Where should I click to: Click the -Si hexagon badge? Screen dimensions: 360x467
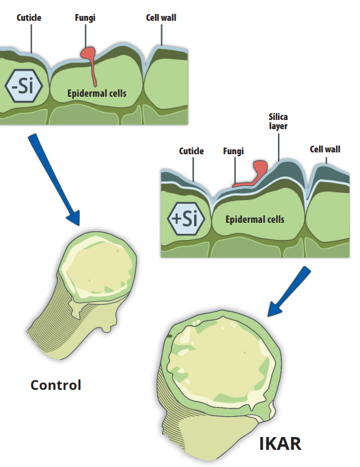click(24, 86)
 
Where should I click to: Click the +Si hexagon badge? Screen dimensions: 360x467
click(186, 219)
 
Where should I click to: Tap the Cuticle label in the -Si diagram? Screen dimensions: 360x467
click(29, 18)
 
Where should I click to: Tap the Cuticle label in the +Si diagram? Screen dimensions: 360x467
click(191, 151)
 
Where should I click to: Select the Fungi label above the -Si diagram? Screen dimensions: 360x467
click(85, 18)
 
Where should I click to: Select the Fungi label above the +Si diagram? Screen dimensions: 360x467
click(233, 151)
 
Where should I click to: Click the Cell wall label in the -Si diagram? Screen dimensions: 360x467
click(161, 18)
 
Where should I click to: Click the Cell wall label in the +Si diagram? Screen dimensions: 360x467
click(325, 149)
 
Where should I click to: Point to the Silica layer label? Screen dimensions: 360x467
click(279, 122)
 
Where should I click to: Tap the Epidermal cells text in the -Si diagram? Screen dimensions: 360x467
click(97, 93)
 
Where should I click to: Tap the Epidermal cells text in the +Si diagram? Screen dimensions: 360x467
click(255, 220)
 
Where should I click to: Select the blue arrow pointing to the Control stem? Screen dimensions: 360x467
click(54, 179)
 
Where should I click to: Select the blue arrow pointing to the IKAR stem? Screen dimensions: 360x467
click(289, 291)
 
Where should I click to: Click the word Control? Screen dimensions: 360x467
click(56, 385)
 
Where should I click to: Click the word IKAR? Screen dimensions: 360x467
click(280, 444)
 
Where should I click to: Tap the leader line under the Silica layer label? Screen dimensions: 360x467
click(279, 147)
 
